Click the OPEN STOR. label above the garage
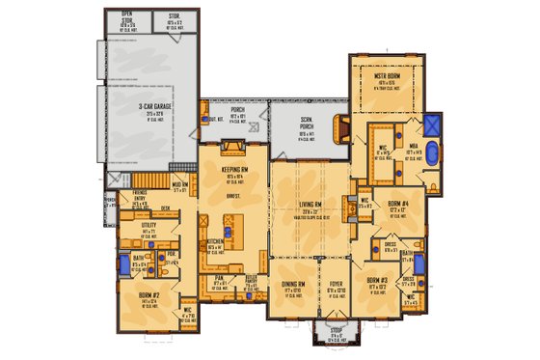[127, 15]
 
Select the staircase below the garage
[149, 180]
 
